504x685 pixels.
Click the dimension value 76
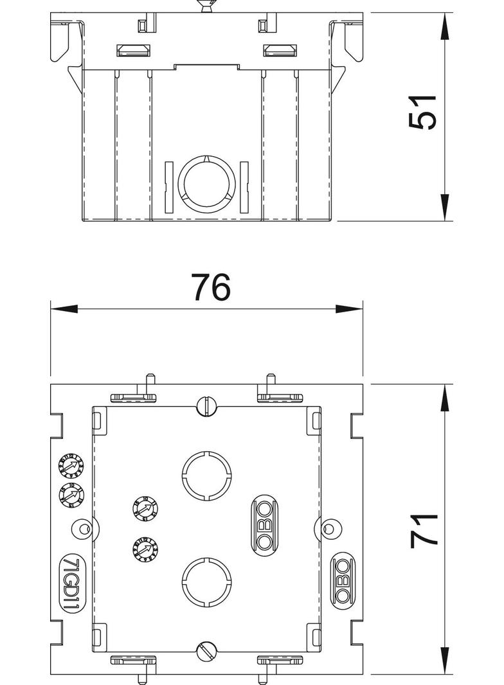tap(210, 288)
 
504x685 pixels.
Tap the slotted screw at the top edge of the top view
tap(206, 405)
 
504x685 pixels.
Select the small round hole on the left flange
tap(82, 529)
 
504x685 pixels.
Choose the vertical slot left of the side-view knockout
tap(169, 186)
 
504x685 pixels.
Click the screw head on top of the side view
tap(206, 7)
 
